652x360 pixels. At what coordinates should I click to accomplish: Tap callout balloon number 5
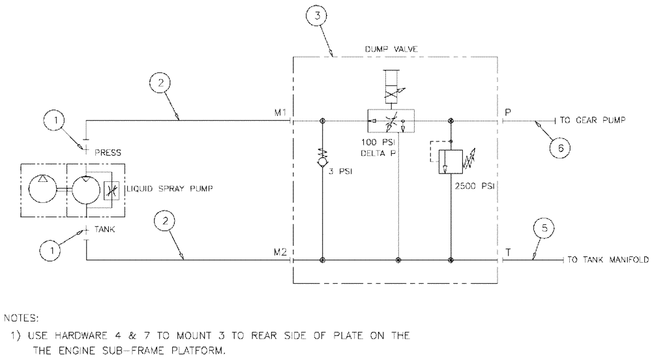coord(546,229)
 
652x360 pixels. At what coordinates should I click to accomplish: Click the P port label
coord(507,113)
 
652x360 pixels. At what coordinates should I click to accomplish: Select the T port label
coord(508,252)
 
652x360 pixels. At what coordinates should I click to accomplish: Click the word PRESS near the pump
coord(108,153)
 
